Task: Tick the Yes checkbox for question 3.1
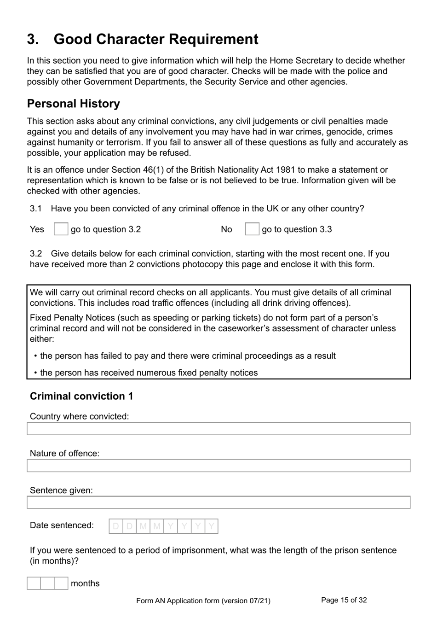coord(61,229)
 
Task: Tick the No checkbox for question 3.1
coord(252,229)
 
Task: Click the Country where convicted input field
coord(218,429)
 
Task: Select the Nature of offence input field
coord(218,466)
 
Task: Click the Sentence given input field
coord(218,502)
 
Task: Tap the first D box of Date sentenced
coord(116,526)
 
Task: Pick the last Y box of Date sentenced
coord(212,526)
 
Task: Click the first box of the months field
coord(34,583)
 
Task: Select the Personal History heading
coord(73,104)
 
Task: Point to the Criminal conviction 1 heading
coord(81,396)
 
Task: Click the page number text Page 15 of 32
coord(344,600)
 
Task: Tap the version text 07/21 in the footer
coord(259,601)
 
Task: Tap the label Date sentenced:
coord(62,525)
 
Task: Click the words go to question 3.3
coord(297,229)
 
